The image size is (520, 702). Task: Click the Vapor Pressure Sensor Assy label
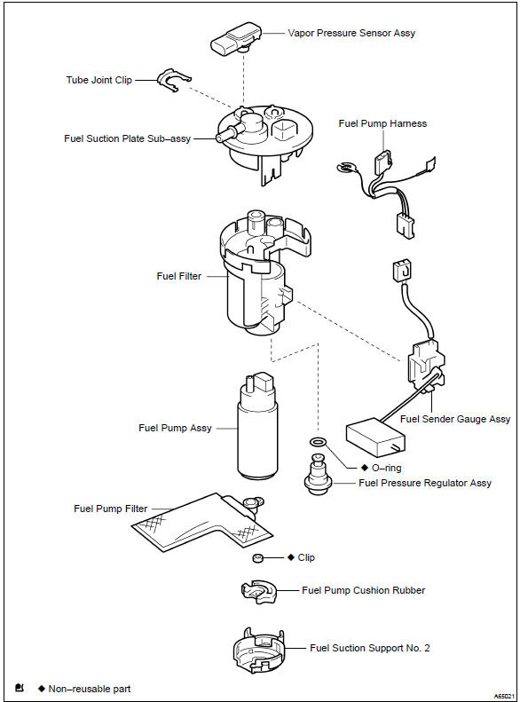click(x=351, y=33)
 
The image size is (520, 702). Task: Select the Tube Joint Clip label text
click(x=98, y=80)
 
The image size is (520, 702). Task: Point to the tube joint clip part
click(x=173, y=81)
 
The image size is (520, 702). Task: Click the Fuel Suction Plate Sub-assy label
click(x=128, y=138)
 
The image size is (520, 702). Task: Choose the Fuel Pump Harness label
click(x=382, y=123)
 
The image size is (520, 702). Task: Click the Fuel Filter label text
click(x=178, y=276)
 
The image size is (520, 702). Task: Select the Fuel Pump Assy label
click(x=175, y=428)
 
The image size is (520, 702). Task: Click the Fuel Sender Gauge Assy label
click(x=455, y=419)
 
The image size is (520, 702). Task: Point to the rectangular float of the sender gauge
click(x=374, y=437)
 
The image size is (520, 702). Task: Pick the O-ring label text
click(x=386, y=467)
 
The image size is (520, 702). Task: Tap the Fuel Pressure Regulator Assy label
click(x=424, y=483)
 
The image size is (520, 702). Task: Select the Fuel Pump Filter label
click(x=110, y=509)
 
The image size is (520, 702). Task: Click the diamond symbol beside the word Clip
click(x=290, y=557)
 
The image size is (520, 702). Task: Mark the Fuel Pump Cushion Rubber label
click(x=363, y=590)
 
